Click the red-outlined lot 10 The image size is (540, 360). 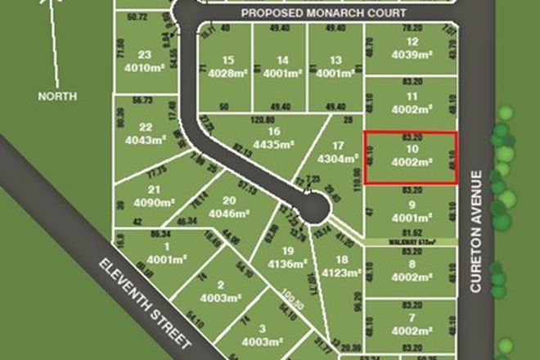pyautogui.click(x=410, y=159)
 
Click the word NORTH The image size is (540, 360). pyautogui.click(x=57, y=96)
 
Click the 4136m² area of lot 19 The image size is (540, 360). pyautogui.click(x=286, y=264)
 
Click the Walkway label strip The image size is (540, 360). pyautogui.click(x=410, y=242)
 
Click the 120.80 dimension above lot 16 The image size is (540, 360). pyautogui.click(x=263, y=119)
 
